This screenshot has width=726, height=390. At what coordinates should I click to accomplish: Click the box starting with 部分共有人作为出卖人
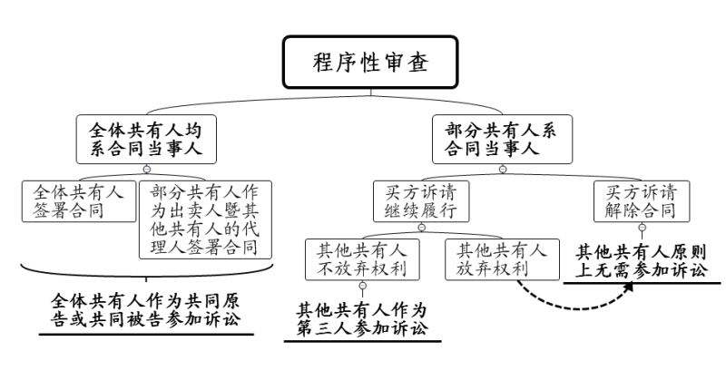206,219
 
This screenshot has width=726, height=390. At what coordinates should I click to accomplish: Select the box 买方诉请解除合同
642,202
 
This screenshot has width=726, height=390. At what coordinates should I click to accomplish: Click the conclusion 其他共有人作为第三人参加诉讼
362,318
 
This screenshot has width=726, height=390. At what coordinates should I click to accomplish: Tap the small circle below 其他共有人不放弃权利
362,287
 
